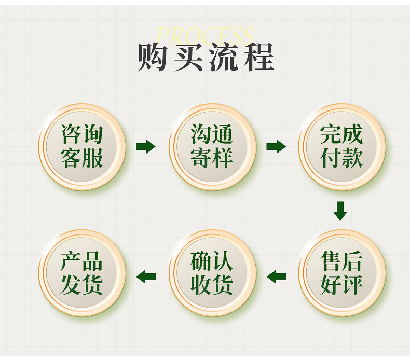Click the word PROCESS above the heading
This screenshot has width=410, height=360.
click(206, 35)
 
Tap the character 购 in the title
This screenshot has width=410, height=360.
click(154, 57)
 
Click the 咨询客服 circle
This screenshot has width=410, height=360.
click(82, 147)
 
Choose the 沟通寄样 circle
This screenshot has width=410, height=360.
click(212, 147)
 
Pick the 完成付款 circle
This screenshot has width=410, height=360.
click(341, 147)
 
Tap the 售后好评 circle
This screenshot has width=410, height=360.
click(341, 273)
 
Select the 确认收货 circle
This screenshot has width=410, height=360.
click(212, 273)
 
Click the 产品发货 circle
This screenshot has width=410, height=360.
click(82, 273)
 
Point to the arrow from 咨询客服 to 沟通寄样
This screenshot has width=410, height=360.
click(146, 147)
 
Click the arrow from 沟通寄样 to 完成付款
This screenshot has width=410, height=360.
click(276, 147)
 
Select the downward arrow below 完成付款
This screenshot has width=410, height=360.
click(340, 210)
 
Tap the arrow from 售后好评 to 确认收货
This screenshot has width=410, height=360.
click(276, 276)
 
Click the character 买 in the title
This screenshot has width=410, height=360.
click(188, 57)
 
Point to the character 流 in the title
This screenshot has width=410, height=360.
click(223, 57)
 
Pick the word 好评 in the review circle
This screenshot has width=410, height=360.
click(341, 285)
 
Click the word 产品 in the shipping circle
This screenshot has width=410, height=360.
click(82, 262)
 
